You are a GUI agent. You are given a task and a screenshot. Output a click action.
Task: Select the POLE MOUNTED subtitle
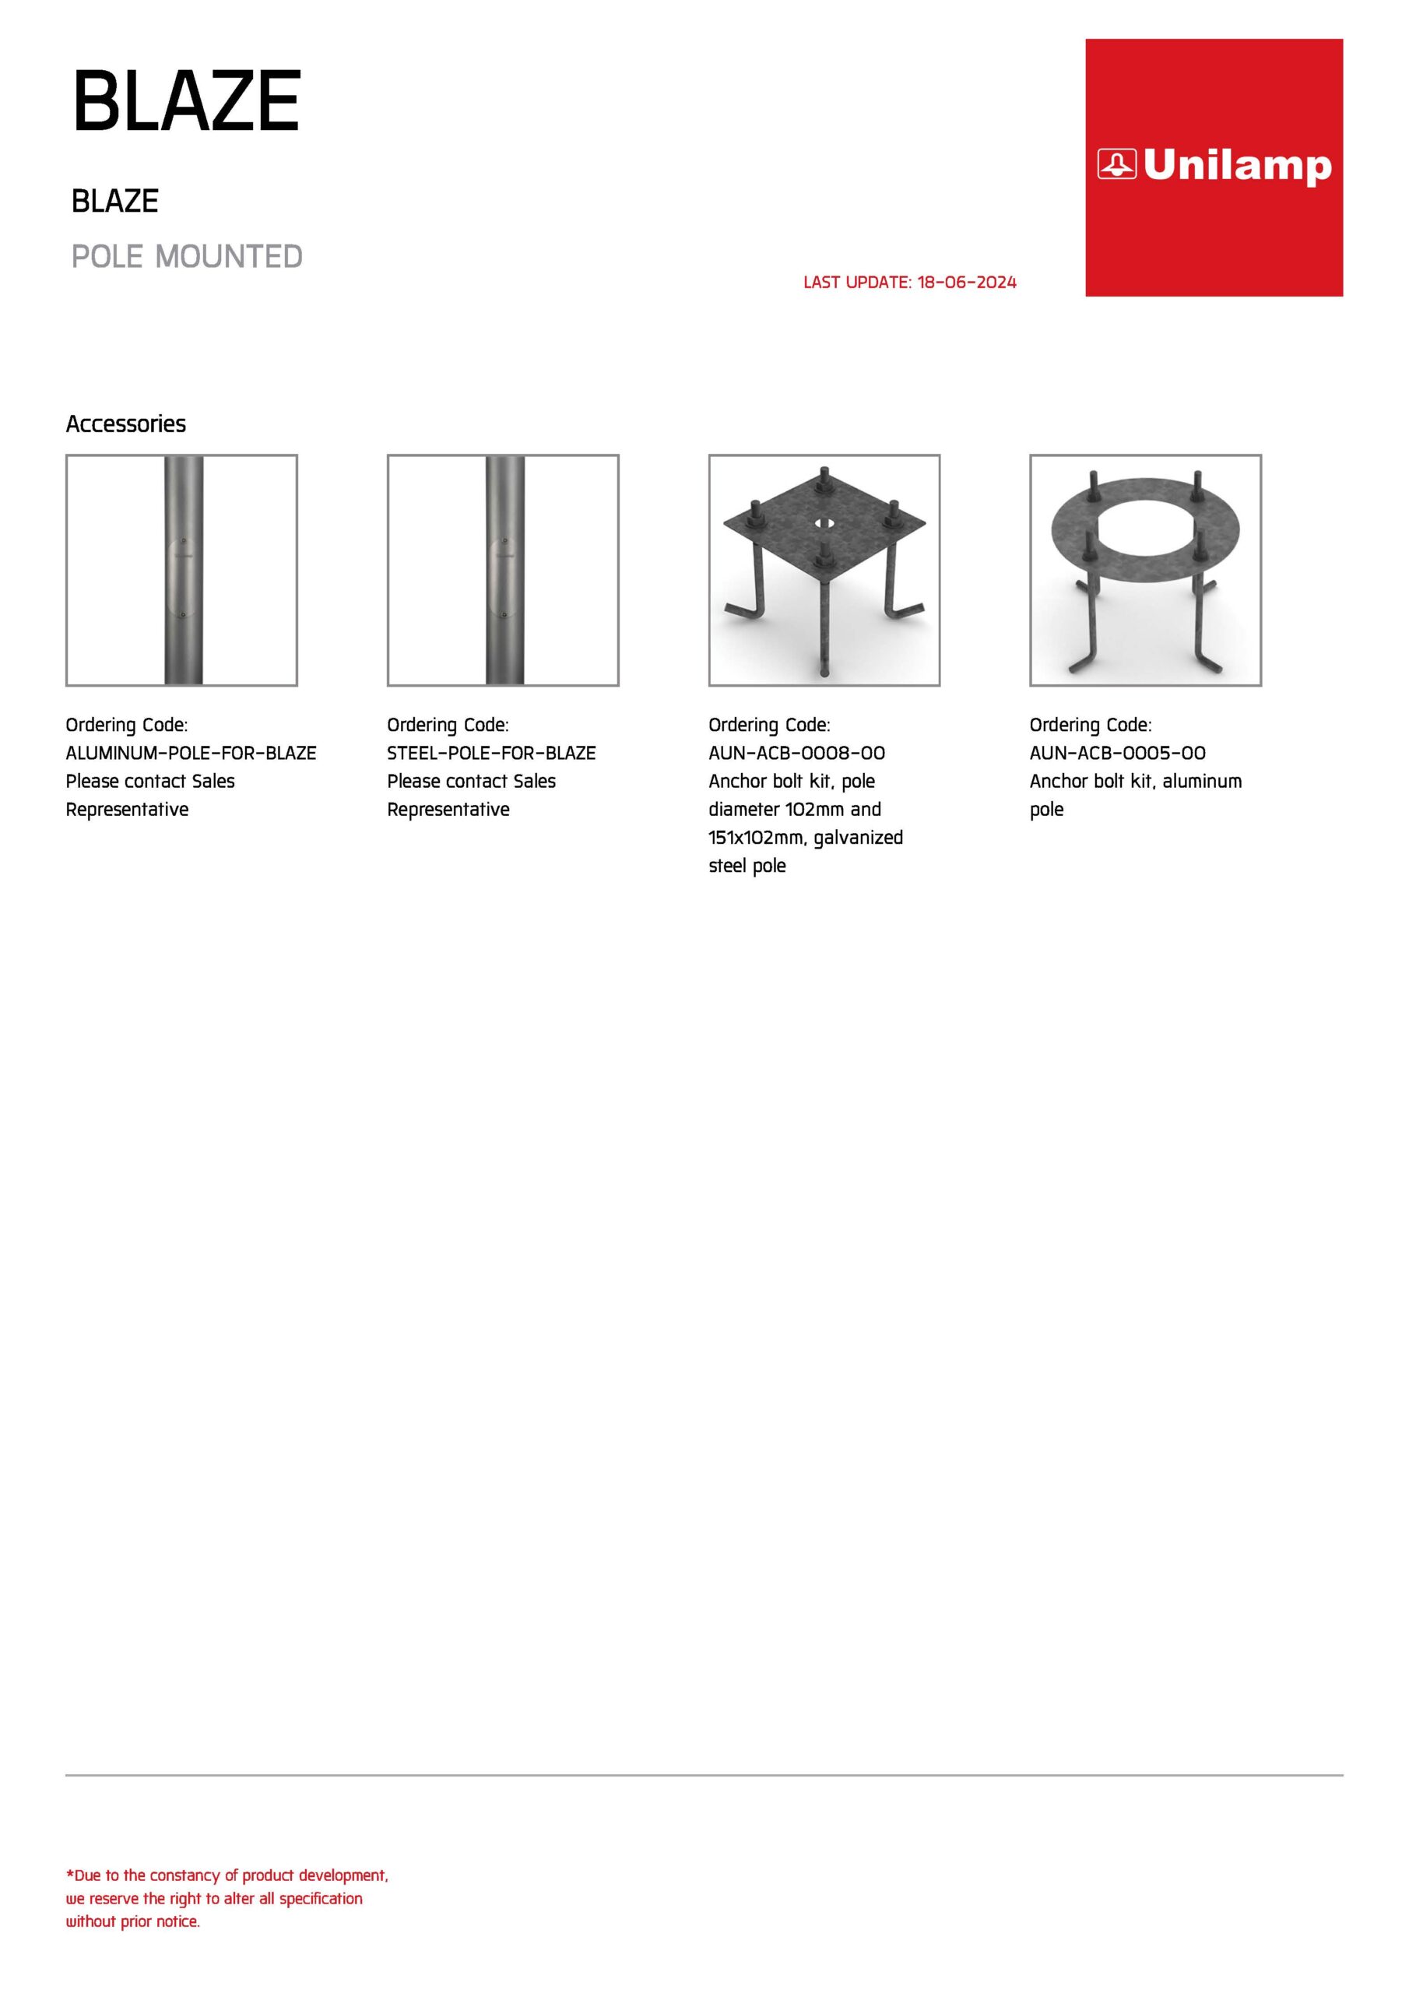click(x=187, y=257)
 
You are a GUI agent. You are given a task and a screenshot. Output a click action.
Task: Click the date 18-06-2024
click(x=966, y=282)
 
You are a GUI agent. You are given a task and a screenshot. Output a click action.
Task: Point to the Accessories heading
click(x=126, y=424)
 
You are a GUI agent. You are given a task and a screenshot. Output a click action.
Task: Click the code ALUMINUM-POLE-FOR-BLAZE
click(x=191, y=753)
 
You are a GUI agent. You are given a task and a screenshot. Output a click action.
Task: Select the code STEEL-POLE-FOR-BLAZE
click(x=491, y=753)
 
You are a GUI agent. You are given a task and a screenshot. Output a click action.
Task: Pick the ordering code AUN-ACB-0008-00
click(x=796, y=753)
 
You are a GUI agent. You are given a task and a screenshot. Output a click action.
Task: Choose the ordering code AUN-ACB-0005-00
click(x=1117, y=753)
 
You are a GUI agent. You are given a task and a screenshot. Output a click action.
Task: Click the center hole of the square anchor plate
click(x=824, y=524)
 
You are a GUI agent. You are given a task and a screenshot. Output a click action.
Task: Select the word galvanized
click(x=859, y=838)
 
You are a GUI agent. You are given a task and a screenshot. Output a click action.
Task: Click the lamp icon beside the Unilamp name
click(x=1116, y=164)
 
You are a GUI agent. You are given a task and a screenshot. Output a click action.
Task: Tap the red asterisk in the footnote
click(x=69, y=1875)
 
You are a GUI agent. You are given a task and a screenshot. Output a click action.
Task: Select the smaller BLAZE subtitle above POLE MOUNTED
click(x=114, y=202)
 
